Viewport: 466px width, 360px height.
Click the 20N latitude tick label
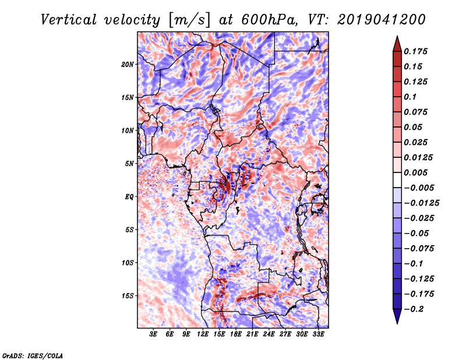pyautogui.click(x=128, y=64)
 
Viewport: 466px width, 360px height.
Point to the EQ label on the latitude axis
pyautogui.click(x=129, y=197)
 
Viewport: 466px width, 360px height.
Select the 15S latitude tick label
pyautogui.click(x=128, y=296)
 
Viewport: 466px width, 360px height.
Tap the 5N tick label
pyautogui.click(x=129, y=164)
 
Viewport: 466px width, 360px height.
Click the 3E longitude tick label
pyautogui.click(x=154, y=335)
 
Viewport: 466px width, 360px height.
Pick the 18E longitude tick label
pyautogui.click(x=236, y=335)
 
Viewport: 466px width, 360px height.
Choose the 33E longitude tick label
pyautogui.click(x=318, y=335)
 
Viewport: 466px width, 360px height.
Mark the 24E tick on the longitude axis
pyautogui.click(x=269, y=335)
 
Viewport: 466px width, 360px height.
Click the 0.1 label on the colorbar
pyautogui.click(x=411, y=97)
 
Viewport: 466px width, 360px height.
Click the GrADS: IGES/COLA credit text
pyautogui.click(x=32, y=355)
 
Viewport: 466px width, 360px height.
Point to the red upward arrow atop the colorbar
pyautogui.click(x=397, y=43)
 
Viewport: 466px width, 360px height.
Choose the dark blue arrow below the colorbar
pyautogui.click(x=397, y=317)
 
